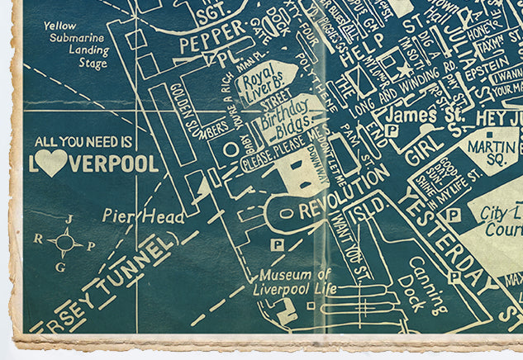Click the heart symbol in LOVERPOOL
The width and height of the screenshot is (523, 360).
tap(51, 163)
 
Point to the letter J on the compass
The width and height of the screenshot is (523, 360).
tap(69, 219)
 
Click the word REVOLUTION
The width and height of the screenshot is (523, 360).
tap(343, 197)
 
